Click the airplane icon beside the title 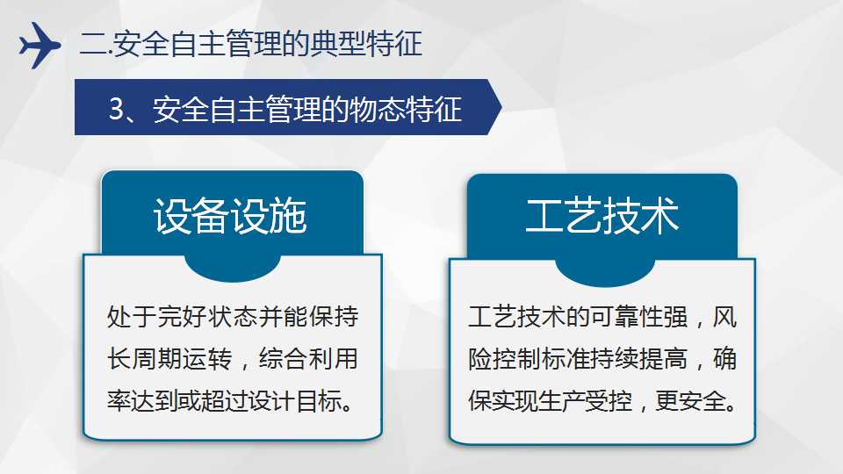point(40,45)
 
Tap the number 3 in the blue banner point(116,109)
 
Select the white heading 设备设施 point(230,216)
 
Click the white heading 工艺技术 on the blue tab point(602,216)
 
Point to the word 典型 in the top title point(337,44)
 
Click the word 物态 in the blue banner point(377,109)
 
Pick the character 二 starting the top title point(92,44)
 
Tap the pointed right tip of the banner point(501,107)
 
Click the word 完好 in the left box point(183,317)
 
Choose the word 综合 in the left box point(283,359)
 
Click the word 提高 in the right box point(664,359)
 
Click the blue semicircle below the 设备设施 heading point(232,267)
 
